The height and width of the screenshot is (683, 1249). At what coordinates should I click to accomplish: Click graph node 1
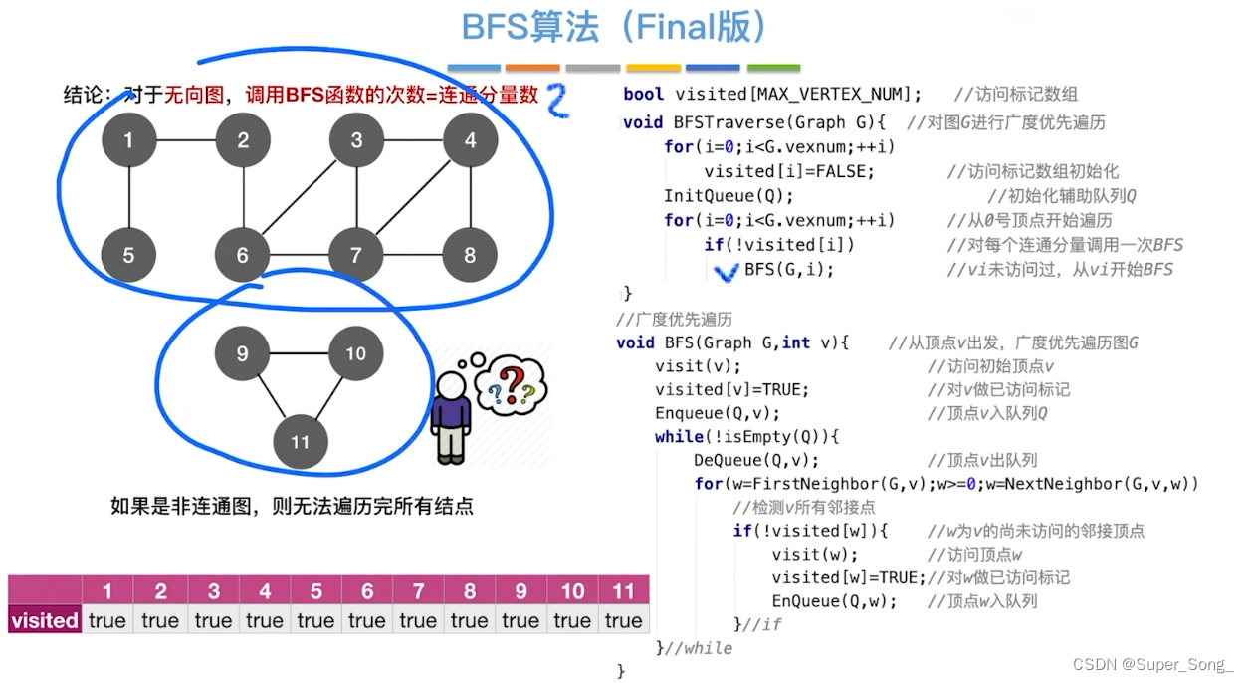(128, 140)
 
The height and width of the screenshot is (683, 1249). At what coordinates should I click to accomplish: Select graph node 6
(243, 256)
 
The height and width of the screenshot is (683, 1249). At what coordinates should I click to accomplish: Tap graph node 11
(301, 442)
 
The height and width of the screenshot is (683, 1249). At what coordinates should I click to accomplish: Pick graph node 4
(471, 140)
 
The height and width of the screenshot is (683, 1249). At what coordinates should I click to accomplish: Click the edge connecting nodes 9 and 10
(300, 353)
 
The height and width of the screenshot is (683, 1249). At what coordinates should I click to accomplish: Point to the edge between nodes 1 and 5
(128, 198)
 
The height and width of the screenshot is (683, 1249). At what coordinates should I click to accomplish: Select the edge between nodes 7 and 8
(413, 256)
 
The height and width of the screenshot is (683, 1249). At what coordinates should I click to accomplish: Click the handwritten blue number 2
(558, 103)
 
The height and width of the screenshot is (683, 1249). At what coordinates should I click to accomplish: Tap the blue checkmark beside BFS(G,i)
(729, 272)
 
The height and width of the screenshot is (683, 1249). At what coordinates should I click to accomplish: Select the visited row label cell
(45, 620)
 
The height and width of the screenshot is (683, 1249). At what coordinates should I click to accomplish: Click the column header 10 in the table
(572, 591)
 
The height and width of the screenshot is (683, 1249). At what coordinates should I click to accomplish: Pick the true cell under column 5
(315, 620)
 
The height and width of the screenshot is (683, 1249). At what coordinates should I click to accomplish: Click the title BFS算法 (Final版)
(615, 27)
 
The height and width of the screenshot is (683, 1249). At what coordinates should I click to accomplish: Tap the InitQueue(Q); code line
(729, 195)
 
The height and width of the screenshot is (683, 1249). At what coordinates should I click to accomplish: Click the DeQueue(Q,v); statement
(756, 460)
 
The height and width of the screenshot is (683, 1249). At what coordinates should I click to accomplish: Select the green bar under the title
(773, 69)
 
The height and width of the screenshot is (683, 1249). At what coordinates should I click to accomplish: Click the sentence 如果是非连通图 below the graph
(292, 506)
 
